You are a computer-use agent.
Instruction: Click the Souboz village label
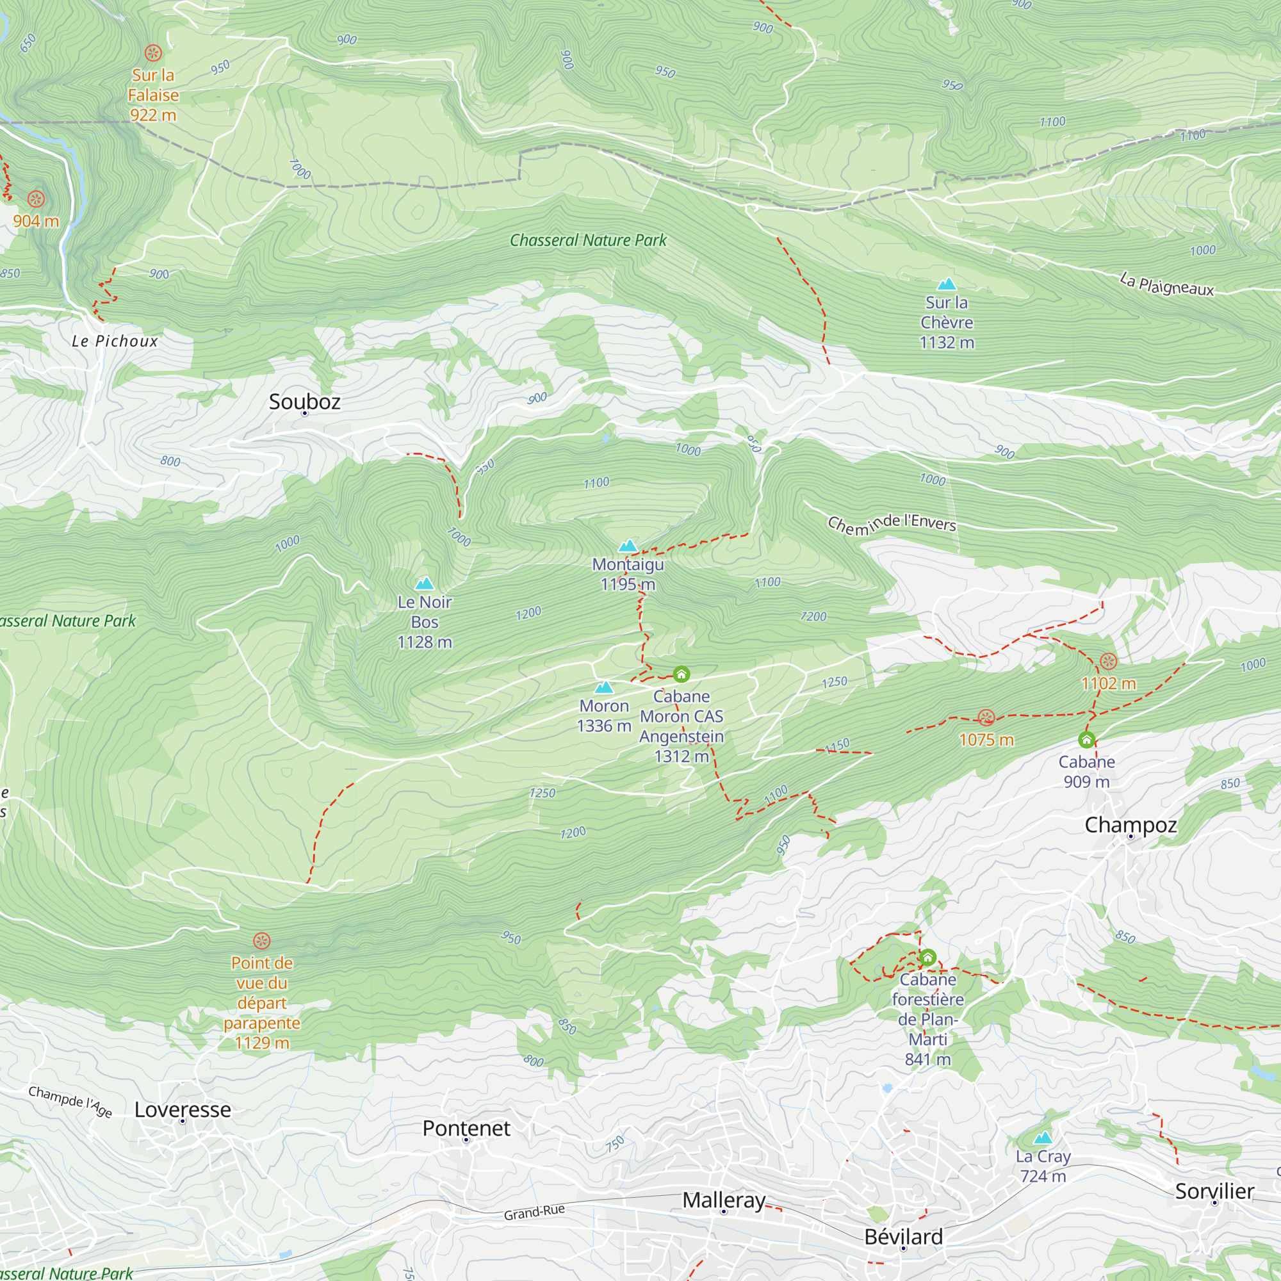pos(304,401)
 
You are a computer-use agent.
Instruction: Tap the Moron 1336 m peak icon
pos(603,687)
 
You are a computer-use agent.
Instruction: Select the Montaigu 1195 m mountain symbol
pos(627,546)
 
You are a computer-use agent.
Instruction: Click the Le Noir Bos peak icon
pos(425,583)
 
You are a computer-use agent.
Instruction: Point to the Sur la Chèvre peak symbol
pos(946,284)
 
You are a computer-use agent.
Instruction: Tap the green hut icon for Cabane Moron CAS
pos(681,674)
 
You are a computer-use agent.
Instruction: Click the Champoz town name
pos(1130,825)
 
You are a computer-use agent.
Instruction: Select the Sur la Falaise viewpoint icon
pos(153,53)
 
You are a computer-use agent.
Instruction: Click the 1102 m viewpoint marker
pos(1108,660)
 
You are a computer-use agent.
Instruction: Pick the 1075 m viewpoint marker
pos(986,717)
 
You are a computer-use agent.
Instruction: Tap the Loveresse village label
pos(183,1109)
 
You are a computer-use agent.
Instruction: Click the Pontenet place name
pos(466,1128)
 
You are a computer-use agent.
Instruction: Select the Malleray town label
pos(723,1200)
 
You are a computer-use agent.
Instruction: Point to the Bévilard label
pos(903,1237)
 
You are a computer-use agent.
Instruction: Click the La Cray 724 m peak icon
pos(1042,1138)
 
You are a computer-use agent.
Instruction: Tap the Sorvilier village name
pos(1214,1191)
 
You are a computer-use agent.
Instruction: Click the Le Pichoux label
pos(115,341)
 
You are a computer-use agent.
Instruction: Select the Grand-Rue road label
pos(534,1212)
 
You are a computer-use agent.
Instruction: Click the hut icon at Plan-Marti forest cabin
pos(927,957)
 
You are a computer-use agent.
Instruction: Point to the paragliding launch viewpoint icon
pos(262,940)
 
